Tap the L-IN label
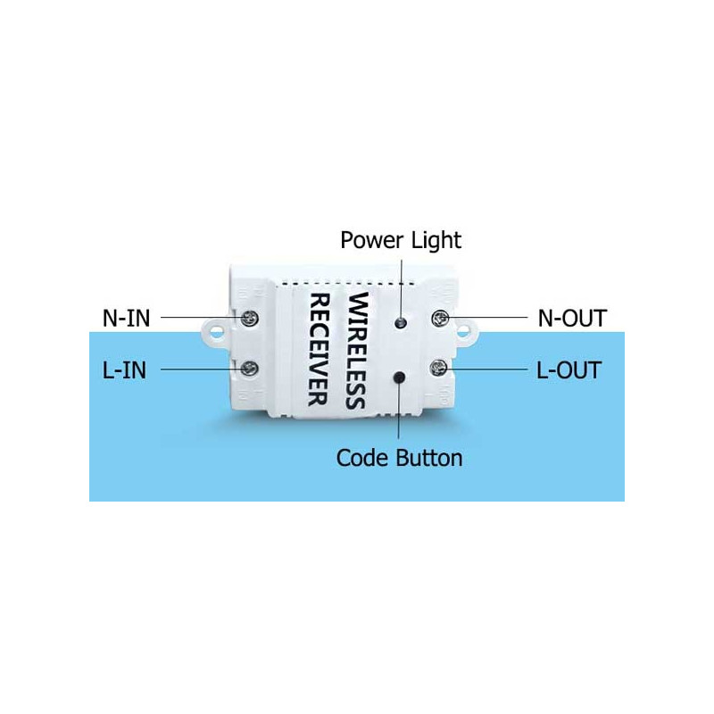coord(124,369)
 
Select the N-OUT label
coord(572,318)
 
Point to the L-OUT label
coord(569,369)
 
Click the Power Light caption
coord(401,240)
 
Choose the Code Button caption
coord(399,458)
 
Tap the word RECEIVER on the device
coord(319,349)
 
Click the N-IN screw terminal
coord(250,316)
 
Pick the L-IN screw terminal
coord(250,368)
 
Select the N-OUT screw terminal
coord(439,318)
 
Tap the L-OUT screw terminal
coord(439,368)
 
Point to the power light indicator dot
coord(402,320)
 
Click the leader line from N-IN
coord(201,317)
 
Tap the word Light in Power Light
coord(436,240)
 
